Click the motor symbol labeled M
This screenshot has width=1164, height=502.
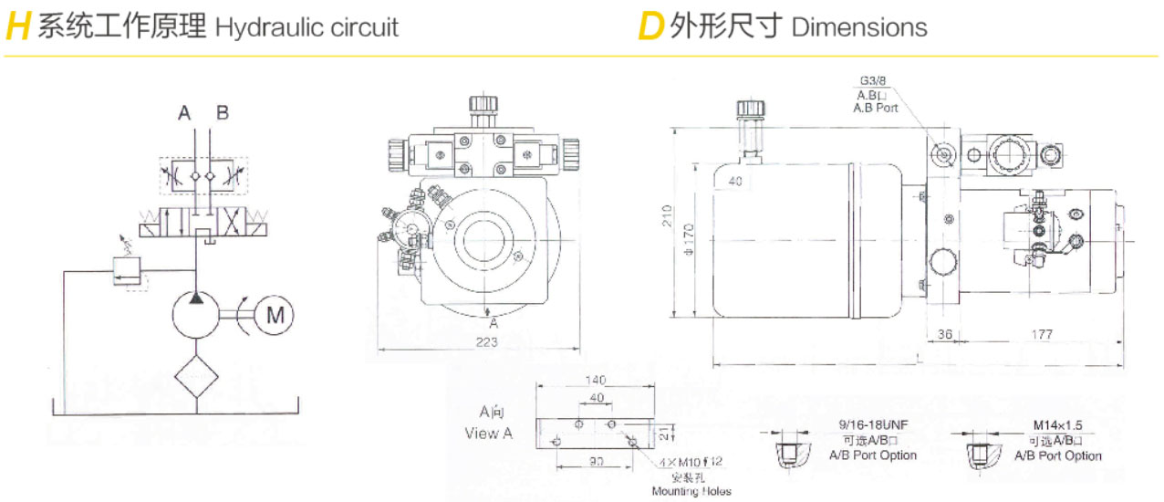click(275, 316)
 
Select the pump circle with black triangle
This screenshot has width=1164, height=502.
click(196, 316)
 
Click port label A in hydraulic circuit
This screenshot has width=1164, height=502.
click(184, 113)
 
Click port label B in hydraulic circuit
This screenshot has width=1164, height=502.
click(223, 113)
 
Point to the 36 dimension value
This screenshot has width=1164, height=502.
click(945, 335)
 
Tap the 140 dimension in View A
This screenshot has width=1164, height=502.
click(596, 380)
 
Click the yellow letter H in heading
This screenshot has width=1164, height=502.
click(18, 27)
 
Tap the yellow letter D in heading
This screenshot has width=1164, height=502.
click(650, 27)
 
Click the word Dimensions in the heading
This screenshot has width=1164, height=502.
click(859, 27)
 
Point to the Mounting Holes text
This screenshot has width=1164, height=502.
click(691, 491)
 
